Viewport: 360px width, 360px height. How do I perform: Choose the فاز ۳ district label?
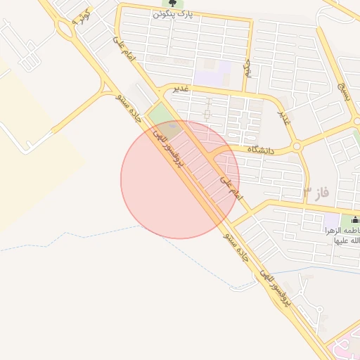pos(316,191)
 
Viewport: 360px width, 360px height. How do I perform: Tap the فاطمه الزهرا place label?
pos(342,231)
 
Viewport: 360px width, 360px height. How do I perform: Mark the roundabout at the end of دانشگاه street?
pos(297,147)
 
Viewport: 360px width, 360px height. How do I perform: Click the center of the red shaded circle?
pos(180,179)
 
